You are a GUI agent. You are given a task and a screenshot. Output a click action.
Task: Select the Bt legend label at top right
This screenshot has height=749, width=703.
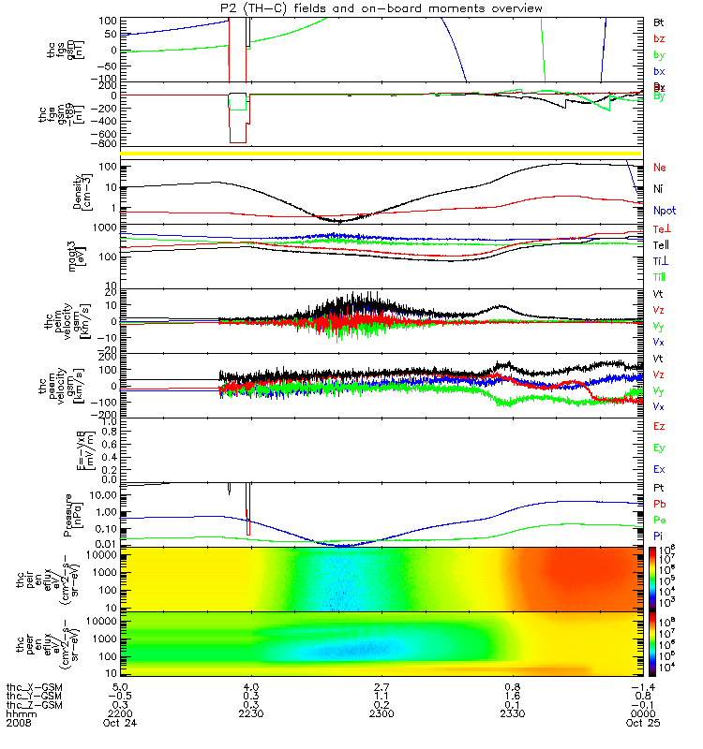point(658,21)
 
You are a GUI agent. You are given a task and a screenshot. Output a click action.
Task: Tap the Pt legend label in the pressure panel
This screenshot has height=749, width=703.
point(658,489)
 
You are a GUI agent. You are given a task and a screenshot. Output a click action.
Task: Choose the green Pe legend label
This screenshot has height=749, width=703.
point(659,519)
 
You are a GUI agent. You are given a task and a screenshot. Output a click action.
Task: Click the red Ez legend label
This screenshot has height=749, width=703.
point(659,426)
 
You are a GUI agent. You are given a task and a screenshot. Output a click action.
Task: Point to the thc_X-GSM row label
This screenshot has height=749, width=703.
point(35,685)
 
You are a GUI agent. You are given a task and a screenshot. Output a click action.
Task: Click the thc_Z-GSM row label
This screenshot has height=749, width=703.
point(35,704)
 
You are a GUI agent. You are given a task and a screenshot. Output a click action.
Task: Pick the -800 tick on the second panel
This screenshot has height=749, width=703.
point(105,144)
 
